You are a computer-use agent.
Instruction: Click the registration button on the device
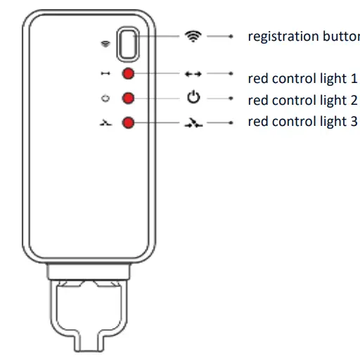pyautogui.click(x=129, y=43)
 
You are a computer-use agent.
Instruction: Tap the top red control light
pyautogui.click(x=129, y=75)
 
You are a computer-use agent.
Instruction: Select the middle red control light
pyautogui.click(x=129, y=98)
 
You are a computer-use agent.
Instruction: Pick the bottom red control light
pyautogui.click(x=129, y=122)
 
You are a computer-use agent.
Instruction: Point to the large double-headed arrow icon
pyautogui.click(x=193, y=73)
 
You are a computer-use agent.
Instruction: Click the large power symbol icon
pyautogui.click(x=193, y=98)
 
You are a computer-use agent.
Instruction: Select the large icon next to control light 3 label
pyautogui.click(x=193, y=122)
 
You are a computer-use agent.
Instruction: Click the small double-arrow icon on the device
pyautogui.click(x=105, y=74)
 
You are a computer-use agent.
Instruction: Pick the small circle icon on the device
pyautogui.click(x=105, y=98)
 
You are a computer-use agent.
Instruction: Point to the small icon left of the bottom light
pyautogui.click(x=105, y=122)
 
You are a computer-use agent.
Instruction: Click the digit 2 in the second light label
pyautogui.click(x=353, y=98)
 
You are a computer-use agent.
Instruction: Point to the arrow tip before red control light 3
pyautogui.click(x=231, y=122)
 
